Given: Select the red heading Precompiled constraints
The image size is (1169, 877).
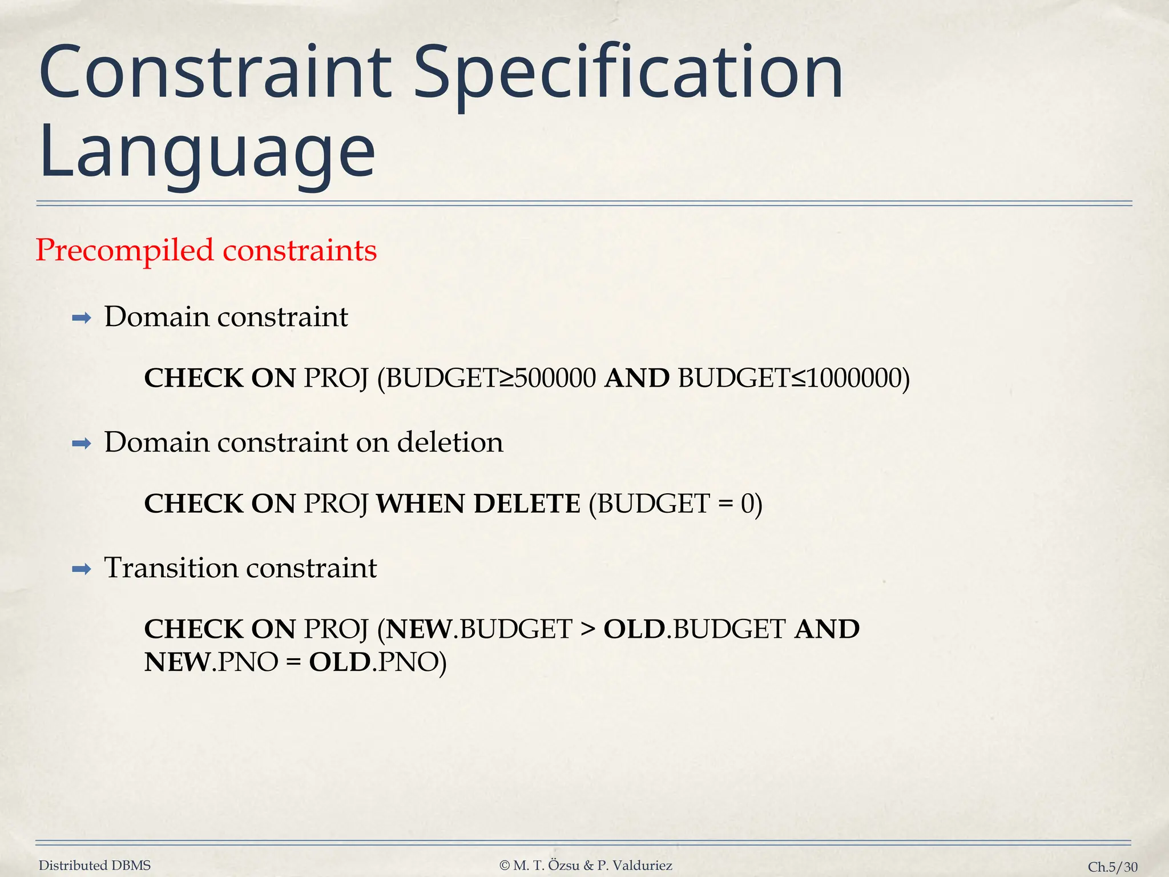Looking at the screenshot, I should pos(206,250).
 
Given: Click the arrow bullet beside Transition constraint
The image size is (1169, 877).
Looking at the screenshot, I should pos(82,569).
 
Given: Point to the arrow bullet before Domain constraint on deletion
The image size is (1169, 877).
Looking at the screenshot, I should pos(82,443).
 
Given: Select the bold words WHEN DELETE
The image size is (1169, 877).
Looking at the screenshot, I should pos(478,504).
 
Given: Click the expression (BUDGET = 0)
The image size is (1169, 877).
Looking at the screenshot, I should pos(675,504).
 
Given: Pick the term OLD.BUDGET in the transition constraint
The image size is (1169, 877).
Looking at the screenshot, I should pos(695,629).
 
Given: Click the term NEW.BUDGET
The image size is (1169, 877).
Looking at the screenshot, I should pos(479,629).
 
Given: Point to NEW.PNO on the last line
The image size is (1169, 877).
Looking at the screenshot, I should pos(211,662).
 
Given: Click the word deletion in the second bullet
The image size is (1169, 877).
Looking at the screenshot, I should pos(450,442).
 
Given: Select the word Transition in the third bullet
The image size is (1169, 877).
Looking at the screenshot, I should pos(171,568).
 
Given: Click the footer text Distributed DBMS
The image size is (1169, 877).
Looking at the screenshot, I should pos(95,866).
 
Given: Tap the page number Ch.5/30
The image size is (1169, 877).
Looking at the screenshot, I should pos(1112,867).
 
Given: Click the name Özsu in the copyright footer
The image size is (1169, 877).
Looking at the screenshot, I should pos(564,866).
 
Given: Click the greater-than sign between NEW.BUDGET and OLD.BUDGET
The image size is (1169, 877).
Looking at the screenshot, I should pos(588,629).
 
